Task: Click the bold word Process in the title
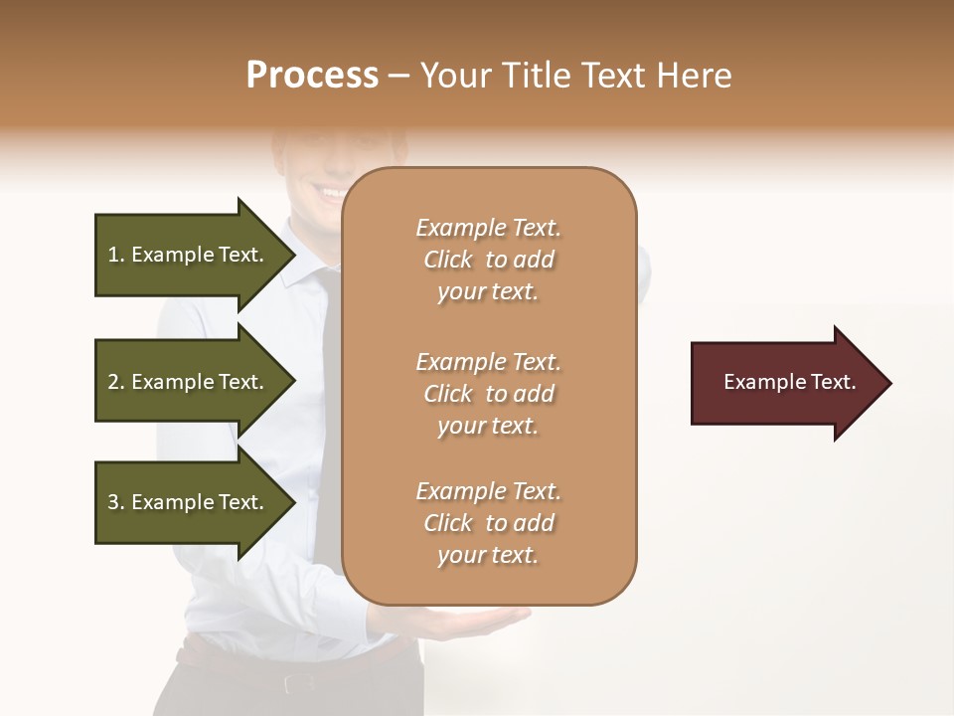[312, 75]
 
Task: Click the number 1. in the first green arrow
[116, 255]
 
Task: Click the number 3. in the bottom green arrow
[116, 502]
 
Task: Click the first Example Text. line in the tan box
[488, 228]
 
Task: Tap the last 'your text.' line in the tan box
[488, 556]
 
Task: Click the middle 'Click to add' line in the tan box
[488, 394]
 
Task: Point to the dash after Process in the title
[398, 76]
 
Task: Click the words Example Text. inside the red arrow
[790, 382]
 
